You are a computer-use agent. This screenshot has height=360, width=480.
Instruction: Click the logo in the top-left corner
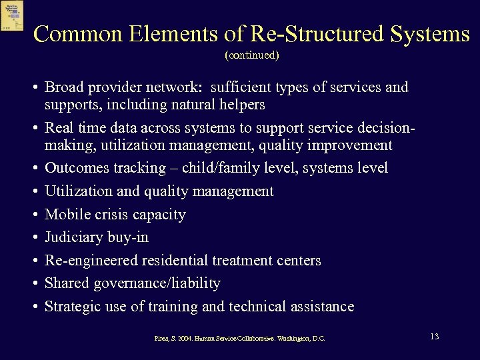coord(12,15)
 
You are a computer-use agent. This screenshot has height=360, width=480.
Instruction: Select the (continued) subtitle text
coord(252,55)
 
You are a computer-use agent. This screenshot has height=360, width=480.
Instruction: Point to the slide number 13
coord(434,337)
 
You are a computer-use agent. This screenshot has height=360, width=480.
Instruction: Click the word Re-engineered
coord(90,261)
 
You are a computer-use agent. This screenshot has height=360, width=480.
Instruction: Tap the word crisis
coord(113,215)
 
